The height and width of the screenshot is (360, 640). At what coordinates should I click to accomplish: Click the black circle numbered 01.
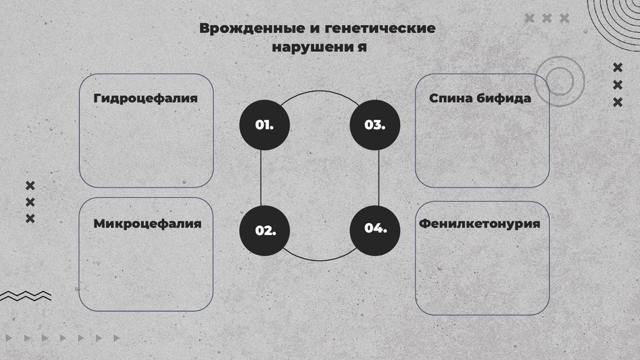[x=264, y=124]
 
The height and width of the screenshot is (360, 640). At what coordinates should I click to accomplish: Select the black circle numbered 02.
[x=265, y=229]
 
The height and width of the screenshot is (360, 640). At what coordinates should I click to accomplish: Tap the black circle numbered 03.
[x=374, y=124]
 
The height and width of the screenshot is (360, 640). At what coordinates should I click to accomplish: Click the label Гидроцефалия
[x=146, y=99]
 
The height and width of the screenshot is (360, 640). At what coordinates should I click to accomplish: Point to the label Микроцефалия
[x=147, y=224]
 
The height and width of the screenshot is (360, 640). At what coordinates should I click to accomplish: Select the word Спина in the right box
[x=451, y=98]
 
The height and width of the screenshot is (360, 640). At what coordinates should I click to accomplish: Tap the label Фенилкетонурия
[x=479, y=223]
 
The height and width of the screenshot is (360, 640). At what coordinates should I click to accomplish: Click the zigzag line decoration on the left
[x=26, y=296]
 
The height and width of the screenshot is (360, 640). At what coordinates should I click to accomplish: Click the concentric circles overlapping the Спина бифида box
[x=559, y=80]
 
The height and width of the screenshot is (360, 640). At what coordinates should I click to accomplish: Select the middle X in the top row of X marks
[x=547, y=18]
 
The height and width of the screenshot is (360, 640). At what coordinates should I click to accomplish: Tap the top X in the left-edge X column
[x=30, y=185]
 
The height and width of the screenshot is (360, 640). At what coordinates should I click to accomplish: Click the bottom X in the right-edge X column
[x=617, y=102]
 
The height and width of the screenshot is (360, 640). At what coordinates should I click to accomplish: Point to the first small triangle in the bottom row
[x=8, y=338]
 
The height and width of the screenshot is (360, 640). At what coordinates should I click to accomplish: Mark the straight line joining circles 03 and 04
[x=379, y=176]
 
